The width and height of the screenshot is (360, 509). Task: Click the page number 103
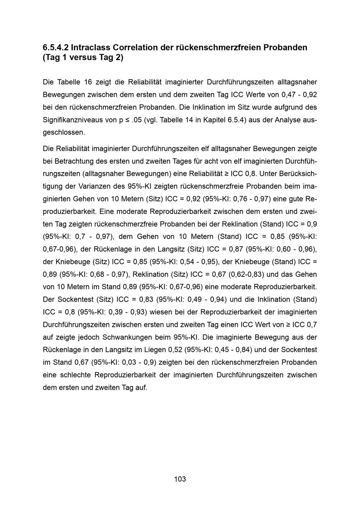pos(180,479)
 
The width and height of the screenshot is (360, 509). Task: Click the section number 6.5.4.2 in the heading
pos(55,48)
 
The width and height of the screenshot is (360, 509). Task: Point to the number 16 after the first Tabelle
pos(88,82)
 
